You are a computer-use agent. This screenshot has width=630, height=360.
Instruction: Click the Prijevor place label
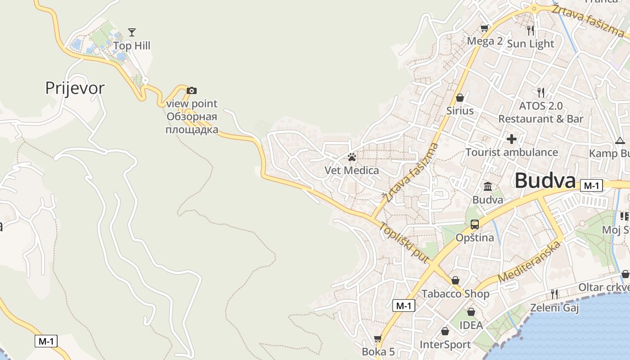tap(75, 88)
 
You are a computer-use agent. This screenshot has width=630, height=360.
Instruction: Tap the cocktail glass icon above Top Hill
tap(132, 32)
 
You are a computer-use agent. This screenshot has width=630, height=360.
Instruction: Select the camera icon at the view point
tap(192, 90)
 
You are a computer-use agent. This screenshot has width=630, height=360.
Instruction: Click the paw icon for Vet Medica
tap(352, 157)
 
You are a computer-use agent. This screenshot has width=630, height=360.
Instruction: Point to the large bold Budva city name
tap(545, 181)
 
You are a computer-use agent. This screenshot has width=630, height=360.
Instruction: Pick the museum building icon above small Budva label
tap(488, 186)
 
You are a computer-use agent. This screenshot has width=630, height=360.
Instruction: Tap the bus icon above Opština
tap(475, 224)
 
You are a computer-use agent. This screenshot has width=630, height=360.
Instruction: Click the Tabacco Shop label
tap(455, 294)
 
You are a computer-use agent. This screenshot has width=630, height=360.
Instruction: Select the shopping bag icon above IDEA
tap(471, 311)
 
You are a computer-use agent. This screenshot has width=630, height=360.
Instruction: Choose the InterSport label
tap(445, 345)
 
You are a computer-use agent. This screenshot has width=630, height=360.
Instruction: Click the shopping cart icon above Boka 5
tap(378, 338)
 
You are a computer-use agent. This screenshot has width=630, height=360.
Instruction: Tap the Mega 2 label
tap(485, 41)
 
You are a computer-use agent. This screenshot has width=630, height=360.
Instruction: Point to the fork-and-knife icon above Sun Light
tap(531, 30)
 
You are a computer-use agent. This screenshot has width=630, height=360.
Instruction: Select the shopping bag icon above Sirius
tap(460, 97)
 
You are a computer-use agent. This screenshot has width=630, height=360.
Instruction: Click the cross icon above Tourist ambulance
tap(512, 139)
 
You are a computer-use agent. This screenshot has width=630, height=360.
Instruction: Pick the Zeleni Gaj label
tap(554, 308)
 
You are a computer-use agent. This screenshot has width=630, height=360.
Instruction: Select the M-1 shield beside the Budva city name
tap(591, 185)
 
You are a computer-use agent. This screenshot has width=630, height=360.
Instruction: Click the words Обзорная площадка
tap(192, 124)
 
